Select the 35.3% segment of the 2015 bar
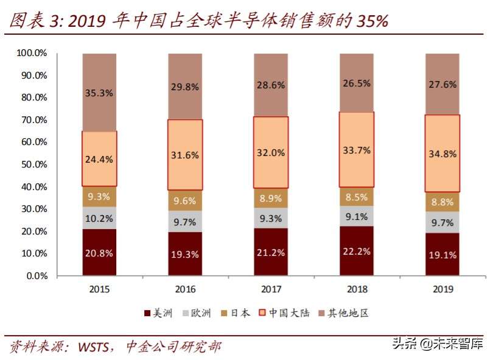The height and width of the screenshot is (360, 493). [99, 93]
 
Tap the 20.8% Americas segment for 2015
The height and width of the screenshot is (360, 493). [99, 253]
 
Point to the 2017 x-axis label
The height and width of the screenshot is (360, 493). [271, 289]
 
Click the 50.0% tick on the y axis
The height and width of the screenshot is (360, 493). [32, 164]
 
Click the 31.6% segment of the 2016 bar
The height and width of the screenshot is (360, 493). [185, 155]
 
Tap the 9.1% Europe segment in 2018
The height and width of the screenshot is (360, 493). [357, 216]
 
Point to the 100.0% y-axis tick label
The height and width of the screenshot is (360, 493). [32, 54]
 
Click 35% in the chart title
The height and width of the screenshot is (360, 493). [369, 21]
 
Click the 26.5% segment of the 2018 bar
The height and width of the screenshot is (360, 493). [357, 83]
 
